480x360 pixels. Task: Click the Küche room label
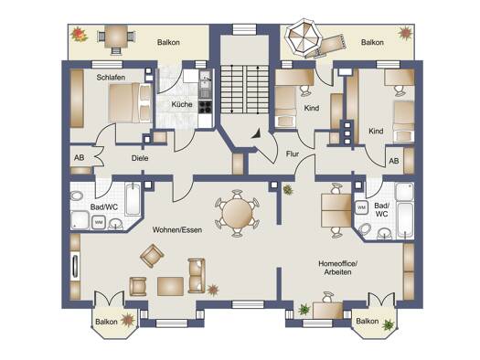(182, 104)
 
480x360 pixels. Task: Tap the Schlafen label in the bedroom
(111, 78)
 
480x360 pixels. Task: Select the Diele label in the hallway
(140, 158)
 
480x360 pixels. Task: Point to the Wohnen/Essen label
(177, 229)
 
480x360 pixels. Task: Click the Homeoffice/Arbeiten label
(338, 268)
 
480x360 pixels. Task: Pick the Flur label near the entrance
(293, 154)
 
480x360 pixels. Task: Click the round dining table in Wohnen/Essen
(237, 214)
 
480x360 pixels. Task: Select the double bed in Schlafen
(130, 102)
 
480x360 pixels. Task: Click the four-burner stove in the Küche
(205, 107)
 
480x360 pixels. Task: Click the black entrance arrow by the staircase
(256, 134)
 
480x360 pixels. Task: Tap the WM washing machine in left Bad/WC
(99, 222)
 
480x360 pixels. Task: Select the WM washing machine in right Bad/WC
(361, 207)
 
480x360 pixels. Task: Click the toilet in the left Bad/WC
(76, 196)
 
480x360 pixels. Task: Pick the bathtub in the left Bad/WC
(133, 199)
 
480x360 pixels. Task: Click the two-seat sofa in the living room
(197, 276)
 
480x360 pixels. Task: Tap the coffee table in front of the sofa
(170, 286)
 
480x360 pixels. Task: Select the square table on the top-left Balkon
(116, 37)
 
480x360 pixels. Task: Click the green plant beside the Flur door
(288, 190)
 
